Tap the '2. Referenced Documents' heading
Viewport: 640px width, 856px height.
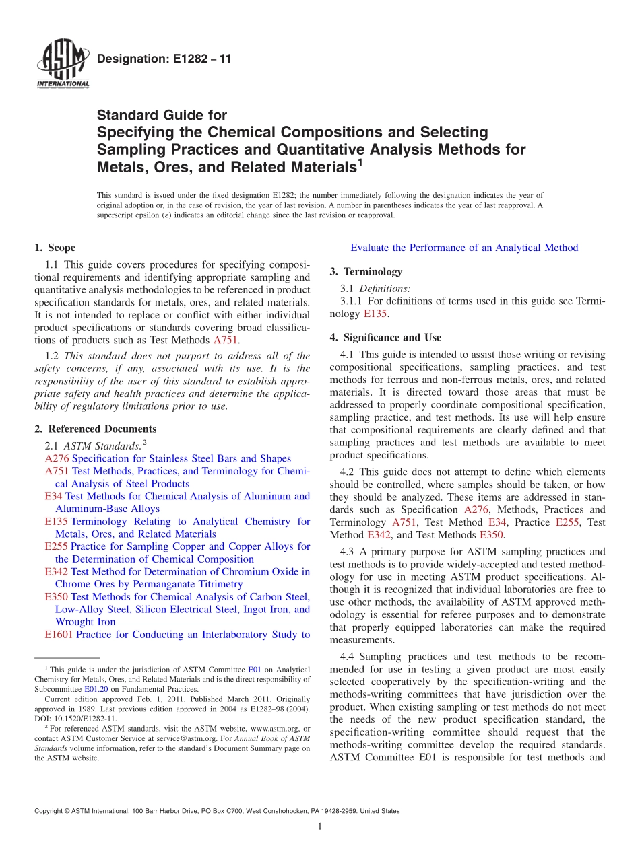click(x=95, y=429)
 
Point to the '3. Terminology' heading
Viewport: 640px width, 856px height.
click(x=366, y=271)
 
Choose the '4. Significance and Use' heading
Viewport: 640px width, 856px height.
click(x=385, y=337)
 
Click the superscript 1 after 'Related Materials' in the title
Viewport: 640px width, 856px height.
click(x=360, y=162)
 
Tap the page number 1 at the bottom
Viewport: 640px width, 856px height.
click(x=320, y=826)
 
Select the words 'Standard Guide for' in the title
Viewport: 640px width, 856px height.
click(x=162, y=115)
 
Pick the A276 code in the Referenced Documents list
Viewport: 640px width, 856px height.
click(x=56, y=458)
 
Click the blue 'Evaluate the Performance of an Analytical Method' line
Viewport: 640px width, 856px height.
click(x=463, y=248)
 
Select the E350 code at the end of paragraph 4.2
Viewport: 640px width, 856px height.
click(x=491, y=535)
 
